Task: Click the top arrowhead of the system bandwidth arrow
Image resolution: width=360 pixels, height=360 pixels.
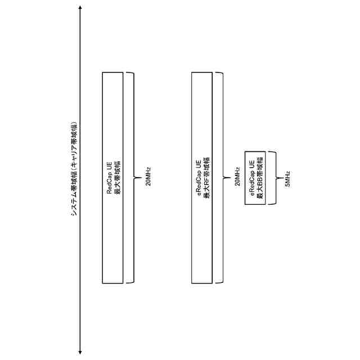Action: [x=80, y=8]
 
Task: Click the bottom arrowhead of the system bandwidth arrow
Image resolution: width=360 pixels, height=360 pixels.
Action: [x=80, y=352]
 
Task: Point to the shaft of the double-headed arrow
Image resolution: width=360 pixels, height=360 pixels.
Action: [x=80, y=253]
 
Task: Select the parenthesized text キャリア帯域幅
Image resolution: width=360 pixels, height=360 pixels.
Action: [x=73, y=144]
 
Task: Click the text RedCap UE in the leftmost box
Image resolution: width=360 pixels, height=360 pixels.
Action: [x=110, y=178]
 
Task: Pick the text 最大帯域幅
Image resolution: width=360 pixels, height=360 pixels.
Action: [x=117, y=178]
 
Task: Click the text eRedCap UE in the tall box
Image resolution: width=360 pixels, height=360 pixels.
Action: [x=199, y=178]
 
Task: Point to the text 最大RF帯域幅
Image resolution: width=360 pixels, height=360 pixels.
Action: [x=206, y=178]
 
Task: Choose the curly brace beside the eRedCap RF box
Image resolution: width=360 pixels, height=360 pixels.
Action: [x=222, y=178]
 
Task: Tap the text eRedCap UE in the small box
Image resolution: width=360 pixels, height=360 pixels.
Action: [x=251, y=178]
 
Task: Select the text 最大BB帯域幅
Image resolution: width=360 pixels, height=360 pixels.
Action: [x=259, y=178]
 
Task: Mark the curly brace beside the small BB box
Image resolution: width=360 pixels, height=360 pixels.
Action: [x=274, y=178]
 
